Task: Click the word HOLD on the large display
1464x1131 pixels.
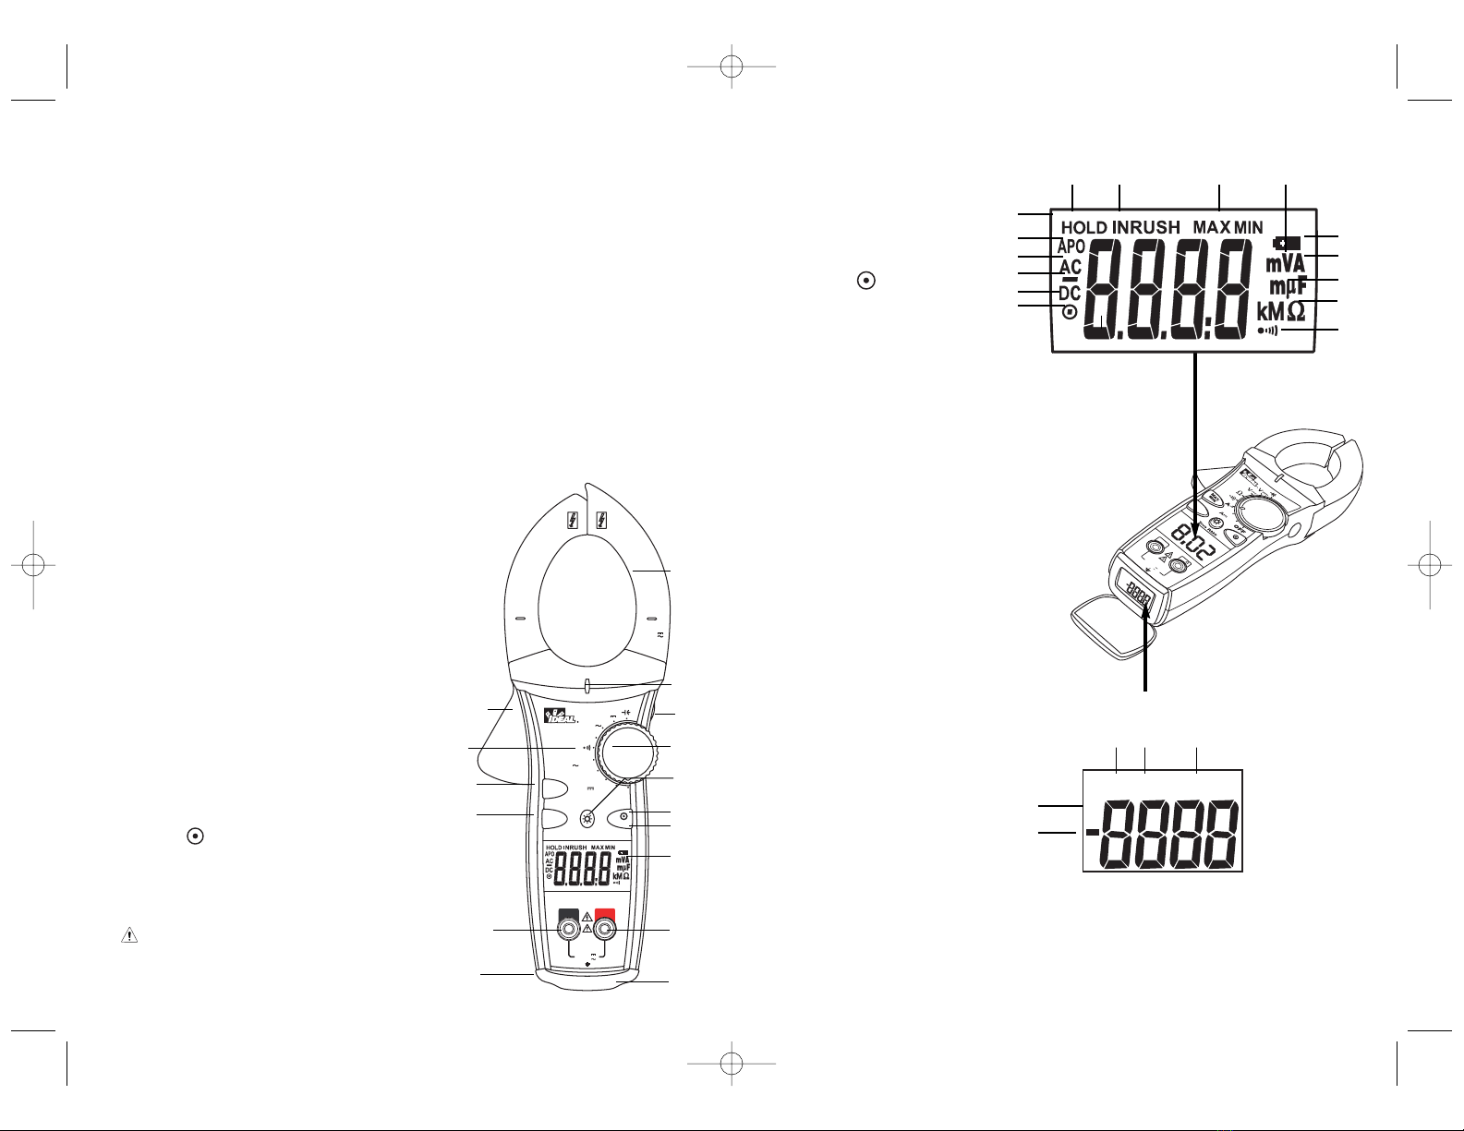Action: (1083, 227)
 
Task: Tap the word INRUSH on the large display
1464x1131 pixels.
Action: (1145, 227)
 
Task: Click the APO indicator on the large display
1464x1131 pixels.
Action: (1071, 247)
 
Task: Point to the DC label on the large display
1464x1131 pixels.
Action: (1069, 294)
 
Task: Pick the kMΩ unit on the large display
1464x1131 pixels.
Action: (1281, 311)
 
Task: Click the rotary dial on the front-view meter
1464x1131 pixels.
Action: (626, 748)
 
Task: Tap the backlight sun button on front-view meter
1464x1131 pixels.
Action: (587, 819)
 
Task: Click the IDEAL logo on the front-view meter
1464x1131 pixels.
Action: (560, 716)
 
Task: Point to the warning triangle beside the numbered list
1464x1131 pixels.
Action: (127, 935)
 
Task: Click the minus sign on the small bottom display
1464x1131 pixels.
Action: (1093, 833)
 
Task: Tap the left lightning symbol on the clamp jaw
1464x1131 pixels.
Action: (574, 519)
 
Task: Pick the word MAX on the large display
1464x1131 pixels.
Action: (1211, 227)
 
